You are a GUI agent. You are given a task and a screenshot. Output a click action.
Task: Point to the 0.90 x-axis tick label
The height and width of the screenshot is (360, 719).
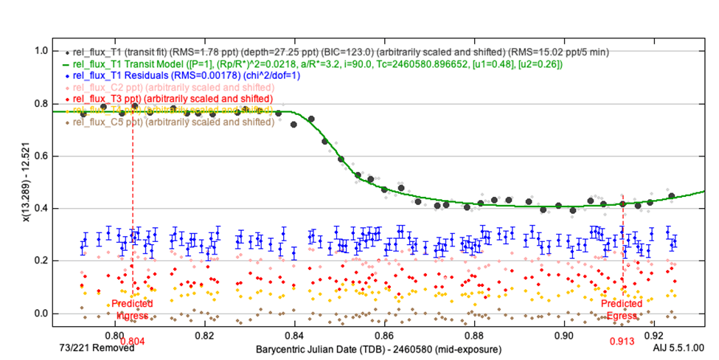[564, 333]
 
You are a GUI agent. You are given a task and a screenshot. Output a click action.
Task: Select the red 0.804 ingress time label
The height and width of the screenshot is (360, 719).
[133, 342]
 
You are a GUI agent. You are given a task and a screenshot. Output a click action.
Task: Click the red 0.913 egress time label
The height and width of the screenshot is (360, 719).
[623, 342]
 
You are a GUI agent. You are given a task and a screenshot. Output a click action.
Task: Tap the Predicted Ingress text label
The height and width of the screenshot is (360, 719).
[133, 309]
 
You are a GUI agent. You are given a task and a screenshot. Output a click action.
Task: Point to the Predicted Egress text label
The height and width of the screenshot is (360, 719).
[622, 309]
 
